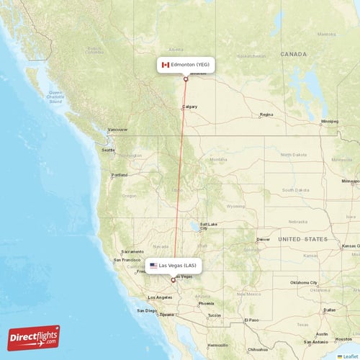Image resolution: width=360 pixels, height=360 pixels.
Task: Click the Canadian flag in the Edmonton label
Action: (x=165, y=65)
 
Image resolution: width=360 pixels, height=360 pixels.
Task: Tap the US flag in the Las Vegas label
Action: (x=153, y=266)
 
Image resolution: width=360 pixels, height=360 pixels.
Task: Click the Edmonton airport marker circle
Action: (x=186, y=78)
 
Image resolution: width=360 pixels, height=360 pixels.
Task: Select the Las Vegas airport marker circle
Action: (x=172, y=280)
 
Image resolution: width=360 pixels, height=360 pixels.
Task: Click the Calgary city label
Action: (x=190, y=107)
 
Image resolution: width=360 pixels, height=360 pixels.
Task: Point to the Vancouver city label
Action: (x=117, y=130)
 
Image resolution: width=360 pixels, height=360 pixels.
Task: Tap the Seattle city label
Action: (x=107, y=150)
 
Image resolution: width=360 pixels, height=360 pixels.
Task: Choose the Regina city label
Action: (x=266, y=114)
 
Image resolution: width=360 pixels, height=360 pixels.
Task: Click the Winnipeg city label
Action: (x=330, y=121)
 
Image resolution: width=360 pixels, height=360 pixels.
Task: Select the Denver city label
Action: (x=263, y=239)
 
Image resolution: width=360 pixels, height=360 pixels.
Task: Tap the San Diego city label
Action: (x=147, y=310)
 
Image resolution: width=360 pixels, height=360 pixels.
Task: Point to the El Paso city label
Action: (x=251, y=319)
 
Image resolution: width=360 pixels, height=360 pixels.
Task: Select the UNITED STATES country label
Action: (x=304, y=238)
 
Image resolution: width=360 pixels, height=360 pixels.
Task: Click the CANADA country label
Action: (x=294, y=54)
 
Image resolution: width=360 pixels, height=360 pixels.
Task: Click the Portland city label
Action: (x=120, y=174)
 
